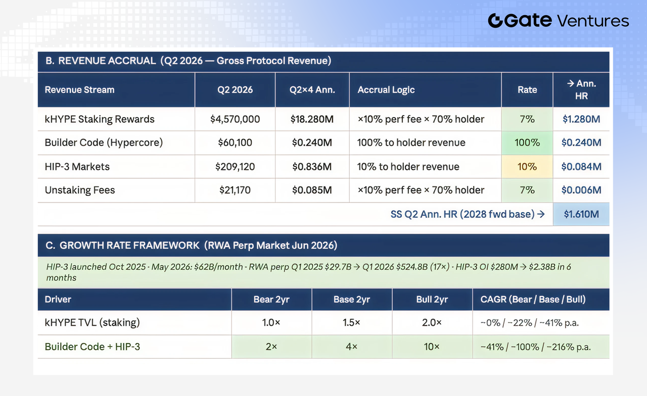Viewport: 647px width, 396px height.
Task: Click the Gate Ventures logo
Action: coord(559,21)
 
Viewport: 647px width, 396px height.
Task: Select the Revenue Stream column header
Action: coord(79,90)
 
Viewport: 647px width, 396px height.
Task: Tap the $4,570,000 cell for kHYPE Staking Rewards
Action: coord(235,119)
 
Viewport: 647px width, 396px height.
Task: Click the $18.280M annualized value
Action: coord(312,119)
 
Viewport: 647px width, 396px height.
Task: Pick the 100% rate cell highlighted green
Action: coord(527,142)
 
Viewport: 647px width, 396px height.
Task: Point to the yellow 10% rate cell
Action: coord(527,167)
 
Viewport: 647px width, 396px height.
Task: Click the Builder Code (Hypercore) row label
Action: coord(104,142)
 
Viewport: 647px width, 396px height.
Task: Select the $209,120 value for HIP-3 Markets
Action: coord(235,167)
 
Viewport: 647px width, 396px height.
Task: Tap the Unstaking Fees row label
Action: coord(80,190)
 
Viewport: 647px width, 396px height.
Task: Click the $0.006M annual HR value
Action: coord(581,190)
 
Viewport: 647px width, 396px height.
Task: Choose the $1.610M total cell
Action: coord(581,214)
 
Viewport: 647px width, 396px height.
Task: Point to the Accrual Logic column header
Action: coord(386,90)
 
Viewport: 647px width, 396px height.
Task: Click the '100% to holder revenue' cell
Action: coord(411,142)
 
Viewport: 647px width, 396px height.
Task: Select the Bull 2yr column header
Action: coord(432,300)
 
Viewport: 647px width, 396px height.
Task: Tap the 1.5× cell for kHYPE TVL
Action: coord(351,322)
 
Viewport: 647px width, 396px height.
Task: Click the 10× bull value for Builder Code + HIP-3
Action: coord(432,346)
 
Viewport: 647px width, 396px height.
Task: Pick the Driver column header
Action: coord(58,300)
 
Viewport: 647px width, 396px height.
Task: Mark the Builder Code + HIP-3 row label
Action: coord(92,346)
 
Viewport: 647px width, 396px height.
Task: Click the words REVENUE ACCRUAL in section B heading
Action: coord(107,61)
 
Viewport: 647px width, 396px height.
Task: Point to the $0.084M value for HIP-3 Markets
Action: coord(581,167)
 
